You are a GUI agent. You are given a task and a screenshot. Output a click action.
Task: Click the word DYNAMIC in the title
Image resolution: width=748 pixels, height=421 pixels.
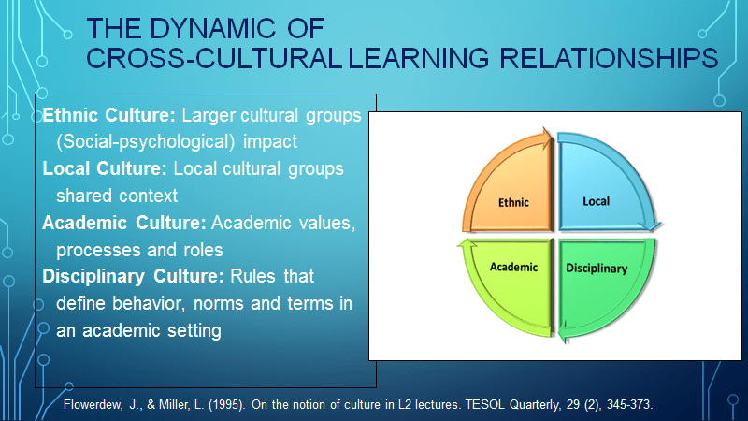pyautogui.click(x=212, y=28)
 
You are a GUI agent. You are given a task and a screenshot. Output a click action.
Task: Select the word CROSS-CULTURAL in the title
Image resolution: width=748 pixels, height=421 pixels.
pyautogui.click(x=214, y=58)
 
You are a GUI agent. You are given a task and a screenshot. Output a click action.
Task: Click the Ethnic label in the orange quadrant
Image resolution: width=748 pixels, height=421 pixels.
pyautogui.click(x=513, y=202)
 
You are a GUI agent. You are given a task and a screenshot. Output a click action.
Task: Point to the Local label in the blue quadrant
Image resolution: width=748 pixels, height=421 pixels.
pyautogui.click(x=596, y=201)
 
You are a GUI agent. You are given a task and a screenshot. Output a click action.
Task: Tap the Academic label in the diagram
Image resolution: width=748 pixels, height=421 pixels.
pyautogui.click(x=513, y=267)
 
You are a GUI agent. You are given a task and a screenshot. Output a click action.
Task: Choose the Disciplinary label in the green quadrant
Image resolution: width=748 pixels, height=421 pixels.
pyautogui.click(x=597, y=269)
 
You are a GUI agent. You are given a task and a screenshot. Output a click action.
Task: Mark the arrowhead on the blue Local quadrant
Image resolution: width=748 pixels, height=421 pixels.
pyautogui.click(x=651, y=225)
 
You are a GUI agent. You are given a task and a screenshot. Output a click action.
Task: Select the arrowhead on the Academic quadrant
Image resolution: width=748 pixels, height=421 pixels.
pyautogui.click(x=467, y=243)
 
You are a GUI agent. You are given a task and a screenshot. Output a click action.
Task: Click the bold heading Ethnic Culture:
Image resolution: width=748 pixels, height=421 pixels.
pyautogui.click(x=108, y=115)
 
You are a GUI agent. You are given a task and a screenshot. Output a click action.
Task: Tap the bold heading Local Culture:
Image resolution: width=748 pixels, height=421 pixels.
pyautogui.click(x=105, y=168)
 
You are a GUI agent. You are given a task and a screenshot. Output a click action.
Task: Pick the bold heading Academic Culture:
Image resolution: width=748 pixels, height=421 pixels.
pyautogui.click(x=124, y=223)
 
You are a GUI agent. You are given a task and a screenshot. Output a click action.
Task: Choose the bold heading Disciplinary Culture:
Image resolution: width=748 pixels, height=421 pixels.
pyautogui.click(x=133, y=276)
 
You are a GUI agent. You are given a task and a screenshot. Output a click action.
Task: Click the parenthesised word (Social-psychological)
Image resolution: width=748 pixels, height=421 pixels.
pyautogui.click(x=146, y=142)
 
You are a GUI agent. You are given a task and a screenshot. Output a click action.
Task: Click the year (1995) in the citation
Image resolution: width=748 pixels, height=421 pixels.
pyautogui.click(x=226, y=405)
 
